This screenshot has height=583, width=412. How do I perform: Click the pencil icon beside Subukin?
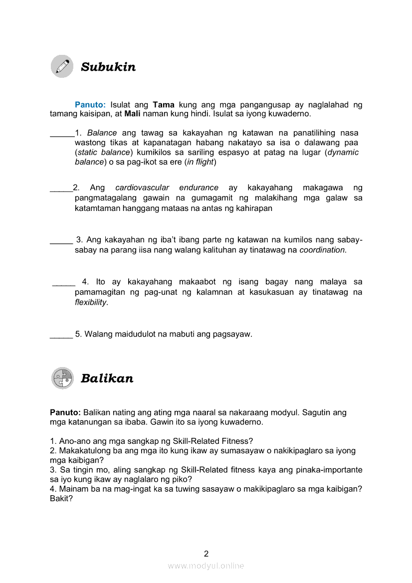[62, 66]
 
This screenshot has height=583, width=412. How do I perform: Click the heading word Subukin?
[108, 67]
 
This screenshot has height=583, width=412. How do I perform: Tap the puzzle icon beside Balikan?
[62, 378]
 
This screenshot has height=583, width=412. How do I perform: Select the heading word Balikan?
[107, 379]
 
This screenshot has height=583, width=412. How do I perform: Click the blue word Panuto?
[90, 105]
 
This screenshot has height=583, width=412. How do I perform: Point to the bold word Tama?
[164, 105]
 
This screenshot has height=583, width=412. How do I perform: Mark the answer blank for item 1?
[62, 134]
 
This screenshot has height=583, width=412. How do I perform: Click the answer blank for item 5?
[61, 335]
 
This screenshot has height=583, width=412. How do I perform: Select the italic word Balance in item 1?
[102, 133]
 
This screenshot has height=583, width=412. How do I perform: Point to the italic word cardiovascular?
[142, 188]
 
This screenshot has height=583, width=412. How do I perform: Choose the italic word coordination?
[322, 250]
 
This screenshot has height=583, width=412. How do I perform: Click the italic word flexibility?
[91, 302]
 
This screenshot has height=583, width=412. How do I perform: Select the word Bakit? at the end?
[61, 498]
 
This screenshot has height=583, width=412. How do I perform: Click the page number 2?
[206, 553]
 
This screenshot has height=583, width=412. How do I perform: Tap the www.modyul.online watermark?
[206, 566]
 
